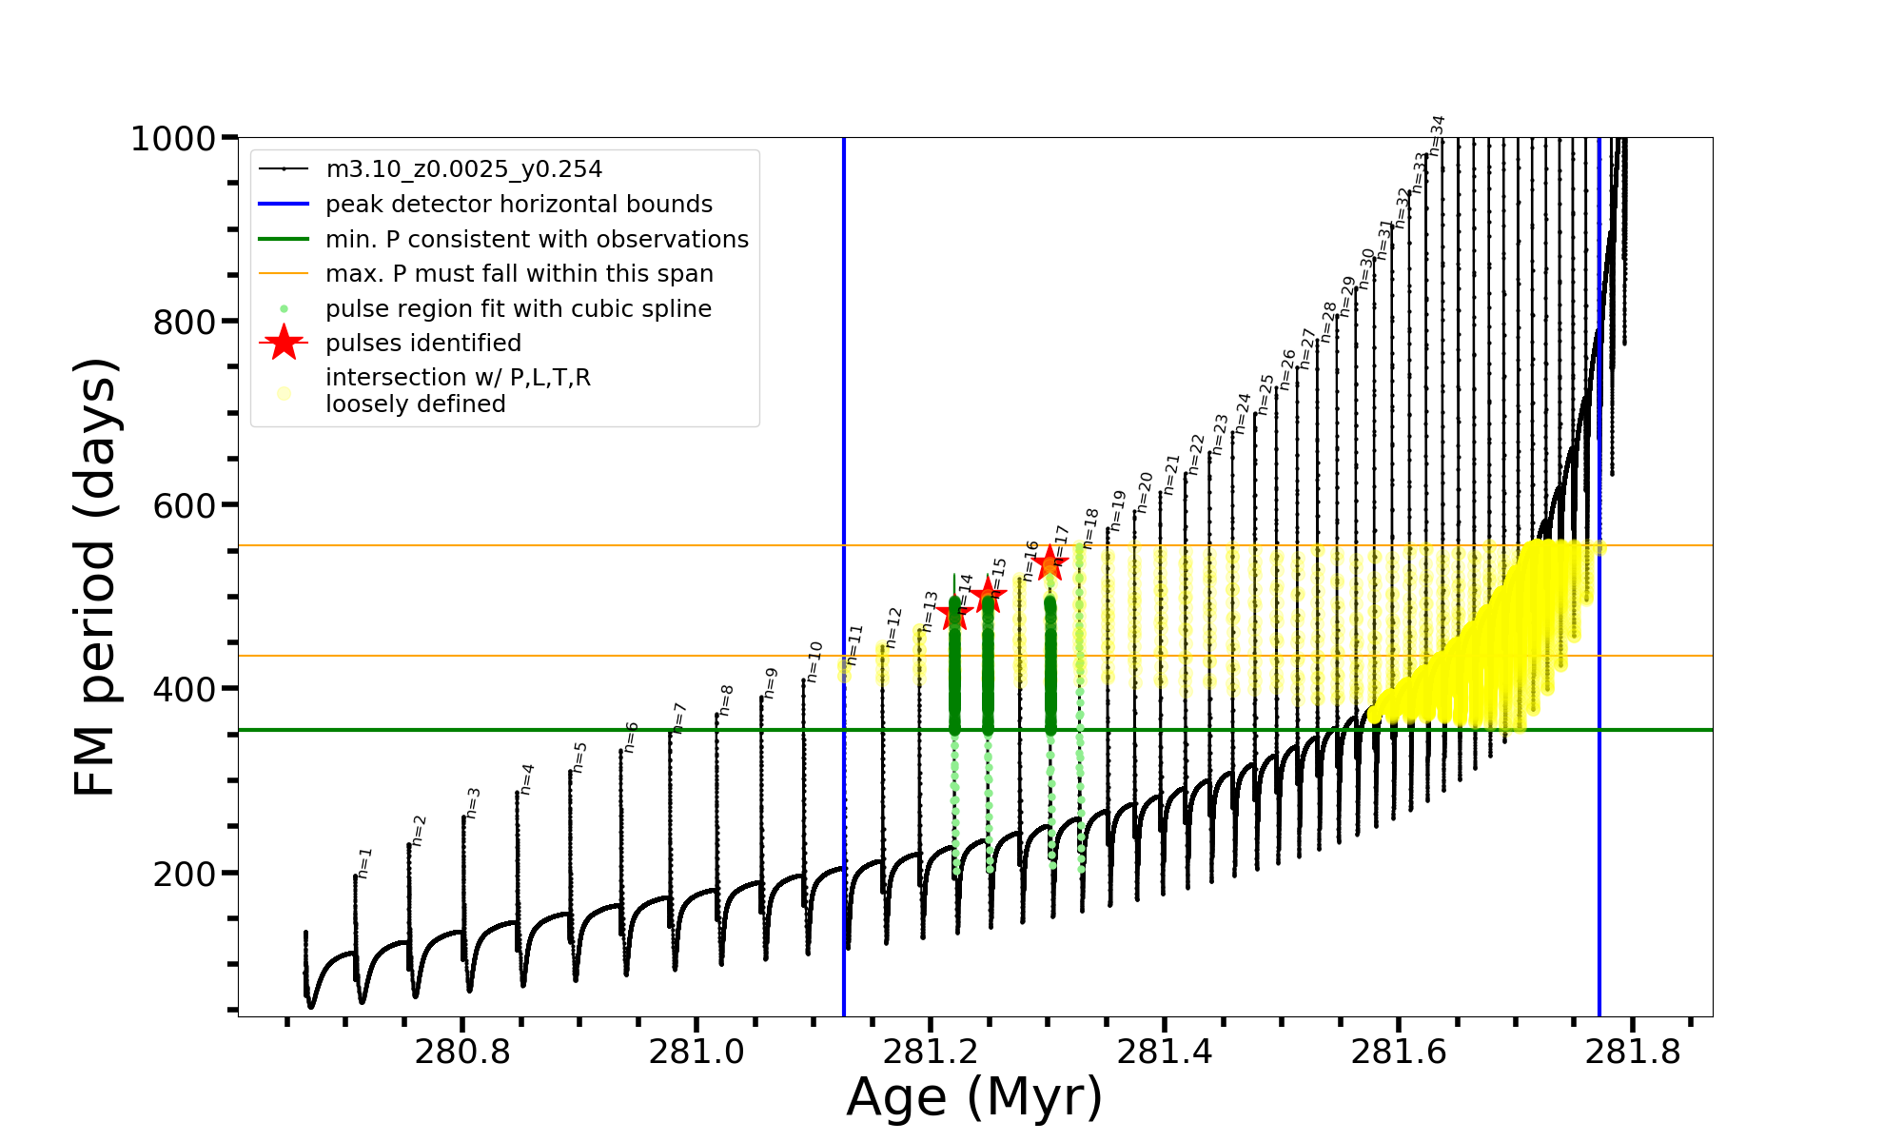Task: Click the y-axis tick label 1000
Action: pos(172,139)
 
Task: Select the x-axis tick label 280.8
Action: pos(462,1052)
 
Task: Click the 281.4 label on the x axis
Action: pos(1165,1052)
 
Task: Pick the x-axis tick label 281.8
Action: pos(1633,1052)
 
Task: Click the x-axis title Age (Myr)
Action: pos(974,1097)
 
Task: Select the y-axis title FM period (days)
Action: pos(96,577)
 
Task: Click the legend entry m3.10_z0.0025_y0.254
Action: pos(463,169)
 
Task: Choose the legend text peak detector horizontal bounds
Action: pos(519,205)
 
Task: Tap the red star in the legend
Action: pos(284,343)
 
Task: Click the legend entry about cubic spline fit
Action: pos(518,309)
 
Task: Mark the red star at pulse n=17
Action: pos(1050,562)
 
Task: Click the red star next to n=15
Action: pos(988,596)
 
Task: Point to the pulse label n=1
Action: pos(364,863)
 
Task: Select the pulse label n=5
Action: pos(579,758)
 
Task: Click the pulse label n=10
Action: pos(814,661)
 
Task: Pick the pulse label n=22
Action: pos(1197,455)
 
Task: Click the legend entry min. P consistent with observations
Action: pos(537,240)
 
